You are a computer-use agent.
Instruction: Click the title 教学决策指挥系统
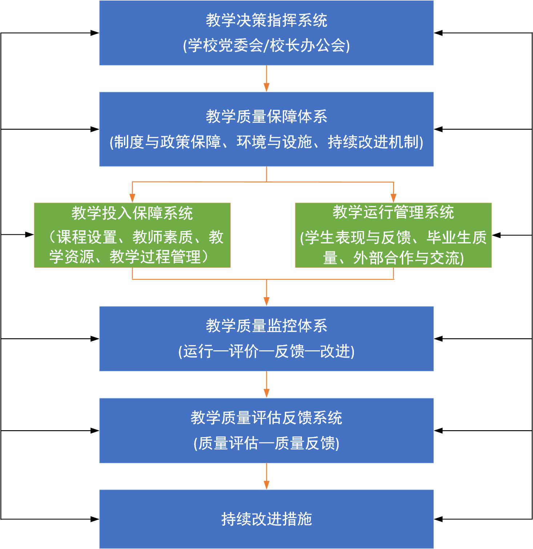[x=266, y=20]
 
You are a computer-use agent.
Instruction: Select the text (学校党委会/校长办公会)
[x=266, y=46]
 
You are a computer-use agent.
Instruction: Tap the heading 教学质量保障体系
[x=266, y=117]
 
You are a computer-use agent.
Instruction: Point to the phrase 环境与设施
[x=274, y=142]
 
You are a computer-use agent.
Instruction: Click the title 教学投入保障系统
[x=132, y=213]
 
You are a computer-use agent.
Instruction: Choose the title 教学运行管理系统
[x=393, y=213]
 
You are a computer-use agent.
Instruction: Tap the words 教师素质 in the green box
[x=162, y=237]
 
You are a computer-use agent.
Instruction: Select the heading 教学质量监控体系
[x=266, y=326]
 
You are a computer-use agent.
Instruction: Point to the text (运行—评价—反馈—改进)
[x=266, y=351]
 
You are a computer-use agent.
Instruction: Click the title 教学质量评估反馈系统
[x=266, y=418]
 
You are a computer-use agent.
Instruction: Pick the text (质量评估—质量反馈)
[x=266, y=443]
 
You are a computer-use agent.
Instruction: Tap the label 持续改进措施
[x=266, y=519]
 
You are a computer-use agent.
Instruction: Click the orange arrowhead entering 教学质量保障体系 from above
[x=266, y=88]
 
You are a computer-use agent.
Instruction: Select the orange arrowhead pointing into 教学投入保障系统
[x=132, y=198]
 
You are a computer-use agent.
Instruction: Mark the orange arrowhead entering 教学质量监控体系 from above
[x=266, y=302]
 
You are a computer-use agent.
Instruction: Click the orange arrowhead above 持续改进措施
[x=266, y=485]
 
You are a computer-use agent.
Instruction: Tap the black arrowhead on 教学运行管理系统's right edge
[x=497, y=235]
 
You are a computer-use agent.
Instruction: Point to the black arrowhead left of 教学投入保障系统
[x=30, y=235]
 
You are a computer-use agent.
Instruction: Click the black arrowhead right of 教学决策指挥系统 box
[x=438, y=33]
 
